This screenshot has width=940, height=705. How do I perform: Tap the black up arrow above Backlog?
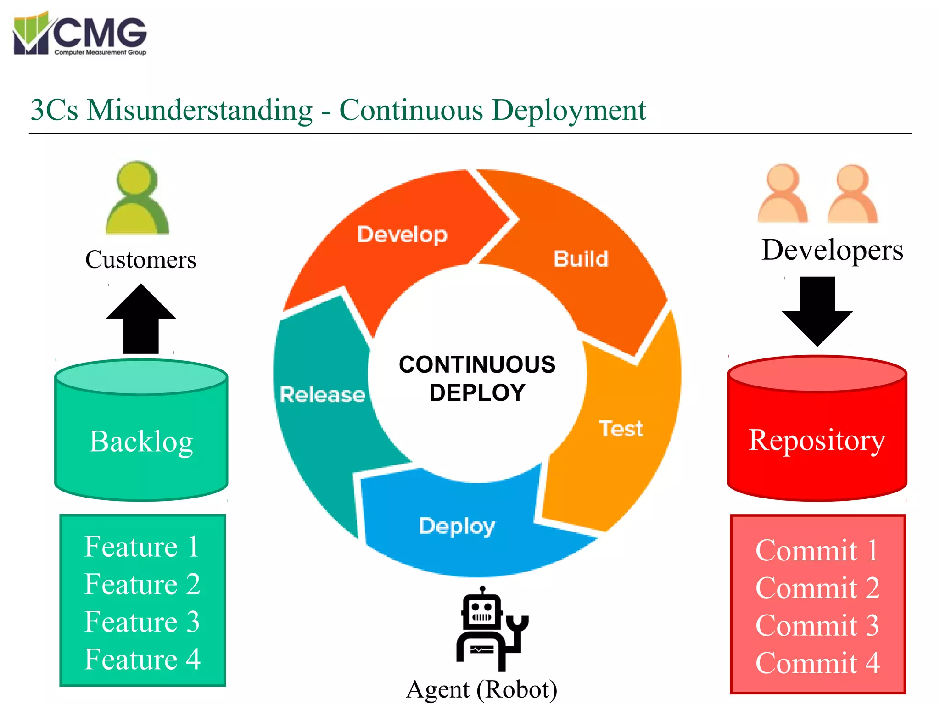click(x=141, y=319)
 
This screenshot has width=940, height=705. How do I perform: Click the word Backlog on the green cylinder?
click(x=141, y=442)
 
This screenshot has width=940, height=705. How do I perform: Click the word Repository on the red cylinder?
click(x=817, y=441)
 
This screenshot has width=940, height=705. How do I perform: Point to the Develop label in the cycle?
click(x=402, y=235)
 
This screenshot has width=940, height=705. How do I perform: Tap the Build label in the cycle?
click(x=581, y=259)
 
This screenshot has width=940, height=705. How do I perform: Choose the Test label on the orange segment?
click(x=621, y=429)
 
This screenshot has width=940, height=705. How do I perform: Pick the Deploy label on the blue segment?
click(x=457, y=526)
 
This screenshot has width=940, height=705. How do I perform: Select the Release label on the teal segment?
click(x=322, y=395)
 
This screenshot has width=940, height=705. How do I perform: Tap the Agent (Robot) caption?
click(x=482, y=690)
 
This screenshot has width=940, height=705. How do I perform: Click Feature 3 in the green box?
click(x=142, y=622)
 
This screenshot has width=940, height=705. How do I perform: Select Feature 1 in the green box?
click(x=142, y=547)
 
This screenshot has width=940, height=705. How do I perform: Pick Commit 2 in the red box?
click(x=817, y=588)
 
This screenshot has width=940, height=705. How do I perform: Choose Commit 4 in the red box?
click(x=817, y=663)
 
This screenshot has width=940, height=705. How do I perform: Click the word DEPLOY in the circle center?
click(x=477, y=393)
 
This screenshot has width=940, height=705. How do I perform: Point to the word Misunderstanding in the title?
click(x=200, y=110)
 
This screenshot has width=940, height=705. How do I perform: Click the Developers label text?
click(x=832, y=251)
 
